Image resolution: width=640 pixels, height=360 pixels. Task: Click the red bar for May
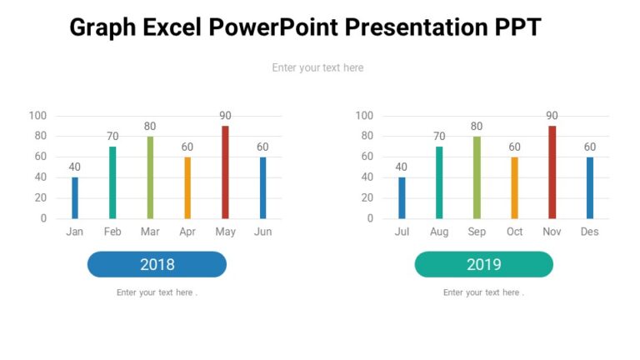[x=225, y=172]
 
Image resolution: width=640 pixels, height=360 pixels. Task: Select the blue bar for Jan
[x=75, y=197]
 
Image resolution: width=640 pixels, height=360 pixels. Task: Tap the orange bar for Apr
[x=187, y=187]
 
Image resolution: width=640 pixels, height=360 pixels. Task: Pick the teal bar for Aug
[x=439, y=182]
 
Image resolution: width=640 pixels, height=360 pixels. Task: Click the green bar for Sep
[x=477, y=177]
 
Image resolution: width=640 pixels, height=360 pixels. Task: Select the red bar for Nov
[x=552, y=172]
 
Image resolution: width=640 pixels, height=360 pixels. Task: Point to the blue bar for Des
[x=590, y=187]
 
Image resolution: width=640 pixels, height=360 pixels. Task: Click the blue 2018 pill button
[x=157, y=264]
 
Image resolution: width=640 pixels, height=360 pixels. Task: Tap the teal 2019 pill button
[x=483, y=264]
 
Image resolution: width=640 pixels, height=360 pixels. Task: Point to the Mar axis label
[x=150, y=232]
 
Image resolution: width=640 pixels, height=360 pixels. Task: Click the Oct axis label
[x=514, y=232]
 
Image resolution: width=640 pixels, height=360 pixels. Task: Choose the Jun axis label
[x=262, y=232]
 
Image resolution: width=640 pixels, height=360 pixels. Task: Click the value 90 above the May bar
[x=225, y=116]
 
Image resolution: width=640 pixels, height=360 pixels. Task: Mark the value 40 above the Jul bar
[x=402, y=167]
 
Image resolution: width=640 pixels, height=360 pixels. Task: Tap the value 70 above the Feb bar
[x=112, y=137]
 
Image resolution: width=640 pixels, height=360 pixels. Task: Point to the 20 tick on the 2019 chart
[x=367, y=198]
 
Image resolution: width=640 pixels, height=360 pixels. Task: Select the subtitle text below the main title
[x=317, y=67]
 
